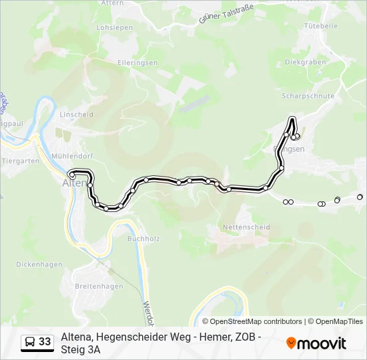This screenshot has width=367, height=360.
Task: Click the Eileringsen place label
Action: point(137,63)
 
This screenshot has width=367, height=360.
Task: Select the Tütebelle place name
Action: point(320,26)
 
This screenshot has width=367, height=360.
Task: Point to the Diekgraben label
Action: point(305,62)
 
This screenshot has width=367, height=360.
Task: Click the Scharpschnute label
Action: point(308,96)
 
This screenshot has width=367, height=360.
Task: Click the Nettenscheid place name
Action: point(247,227)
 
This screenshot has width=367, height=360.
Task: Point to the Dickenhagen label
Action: point(39,264)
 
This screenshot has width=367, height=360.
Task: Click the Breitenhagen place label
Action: point(99,287)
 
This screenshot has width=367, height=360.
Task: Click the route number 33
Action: point(45,342)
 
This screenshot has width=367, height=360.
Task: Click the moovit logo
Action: point(316,343)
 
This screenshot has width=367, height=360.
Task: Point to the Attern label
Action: point(111,3)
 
